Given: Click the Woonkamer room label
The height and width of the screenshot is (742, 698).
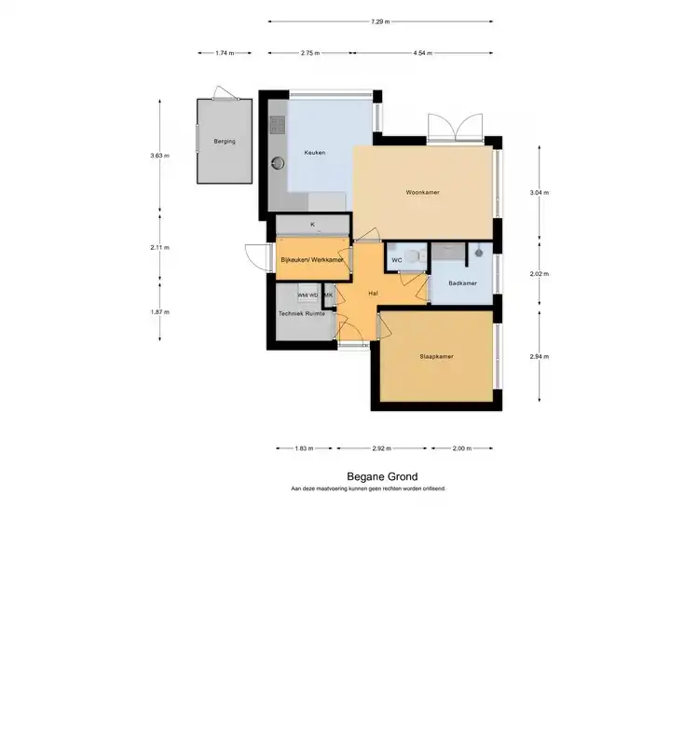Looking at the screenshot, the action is pos(422,193).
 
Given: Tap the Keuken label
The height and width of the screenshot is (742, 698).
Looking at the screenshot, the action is pos(315,153).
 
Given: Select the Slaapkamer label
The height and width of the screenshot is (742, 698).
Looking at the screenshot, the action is pos(436,357).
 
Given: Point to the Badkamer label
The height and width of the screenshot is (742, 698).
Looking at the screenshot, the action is pos(462,283).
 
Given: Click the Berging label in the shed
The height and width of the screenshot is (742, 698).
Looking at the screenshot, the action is pos(225,142).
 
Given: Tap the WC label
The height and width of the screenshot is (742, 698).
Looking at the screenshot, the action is pos(397,260).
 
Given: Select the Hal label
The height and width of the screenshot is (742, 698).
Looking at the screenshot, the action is pos(373,294).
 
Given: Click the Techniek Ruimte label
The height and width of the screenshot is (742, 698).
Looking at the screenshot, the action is pos(301,314).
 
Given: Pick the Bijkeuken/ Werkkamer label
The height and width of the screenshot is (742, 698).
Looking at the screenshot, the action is pos(312,260).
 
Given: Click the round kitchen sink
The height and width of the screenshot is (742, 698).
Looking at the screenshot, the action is pos(278,163).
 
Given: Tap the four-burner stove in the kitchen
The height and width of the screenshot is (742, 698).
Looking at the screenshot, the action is pos(278,125).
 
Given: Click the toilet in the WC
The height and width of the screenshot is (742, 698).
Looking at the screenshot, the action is pos(415,256).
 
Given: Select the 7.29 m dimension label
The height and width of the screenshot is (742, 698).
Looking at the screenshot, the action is pos(380,21).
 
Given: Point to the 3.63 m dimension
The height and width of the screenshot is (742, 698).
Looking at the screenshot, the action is pos(159,156).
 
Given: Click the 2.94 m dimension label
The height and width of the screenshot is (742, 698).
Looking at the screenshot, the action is pos(539,357).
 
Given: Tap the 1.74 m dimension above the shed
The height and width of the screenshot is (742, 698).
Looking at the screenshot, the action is pos(225,53).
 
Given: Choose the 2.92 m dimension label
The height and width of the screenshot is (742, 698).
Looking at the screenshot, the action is pos(381,448).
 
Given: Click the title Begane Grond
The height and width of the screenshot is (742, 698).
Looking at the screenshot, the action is pos(382,476).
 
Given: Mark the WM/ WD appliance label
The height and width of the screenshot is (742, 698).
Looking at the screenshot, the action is pos(308,295).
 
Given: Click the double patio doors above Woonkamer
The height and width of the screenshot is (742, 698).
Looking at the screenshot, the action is pos(456,128).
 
